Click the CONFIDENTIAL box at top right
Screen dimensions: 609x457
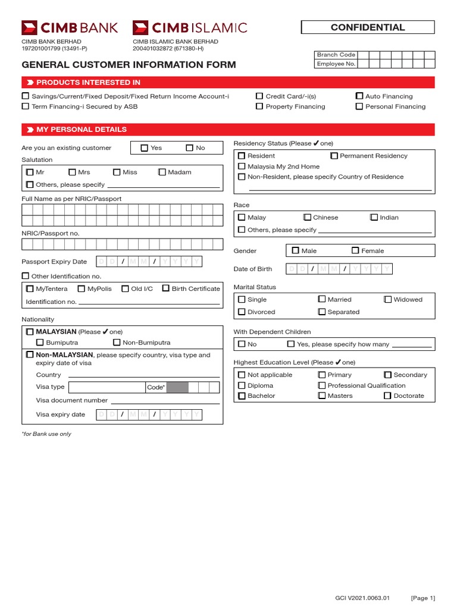(368, 27)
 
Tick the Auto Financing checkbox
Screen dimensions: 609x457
(359, 96)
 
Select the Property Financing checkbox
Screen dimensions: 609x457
(259, 106)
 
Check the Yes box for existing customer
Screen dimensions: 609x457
(145, 148)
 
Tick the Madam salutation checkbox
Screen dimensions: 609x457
(162, 172)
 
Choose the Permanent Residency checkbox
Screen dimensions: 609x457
(334, 156)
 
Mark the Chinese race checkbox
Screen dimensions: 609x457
(307, 218)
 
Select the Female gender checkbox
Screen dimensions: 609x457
(355, 251)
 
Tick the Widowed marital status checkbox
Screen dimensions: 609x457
(388, 300)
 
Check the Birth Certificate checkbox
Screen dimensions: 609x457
(165, 288)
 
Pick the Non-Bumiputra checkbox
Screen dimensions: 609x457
(117, 343)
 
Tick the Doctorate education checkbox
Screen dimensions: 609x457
(388, 395)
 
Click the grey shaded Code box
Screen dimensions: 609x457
(177, 387)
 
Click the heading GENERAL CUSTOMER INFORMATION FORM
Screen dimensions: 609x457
(129, 65)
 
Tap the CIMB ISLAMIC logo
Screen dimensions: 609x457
(189, 27)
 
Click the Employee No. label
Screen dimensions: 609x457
(336, 64)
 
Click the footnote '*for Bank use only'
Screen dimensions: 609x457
(46, 434)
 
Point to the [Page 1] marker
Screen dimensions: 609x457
(422, 598)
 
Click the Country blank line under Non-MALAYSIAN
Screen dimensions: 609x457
(143, 375)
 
